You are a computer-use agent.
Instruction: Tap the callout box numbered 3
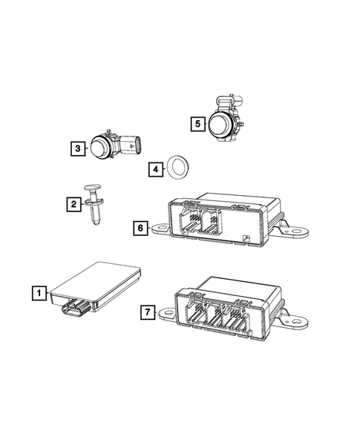(x=78, y=148)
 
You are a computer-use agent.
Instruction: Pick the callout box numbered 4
(x=154, y=169)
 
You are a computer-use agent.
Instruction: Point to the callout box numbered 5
(x=197, y=122)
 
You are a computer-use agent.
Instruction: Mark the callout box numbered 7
(x=147, y=313)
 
